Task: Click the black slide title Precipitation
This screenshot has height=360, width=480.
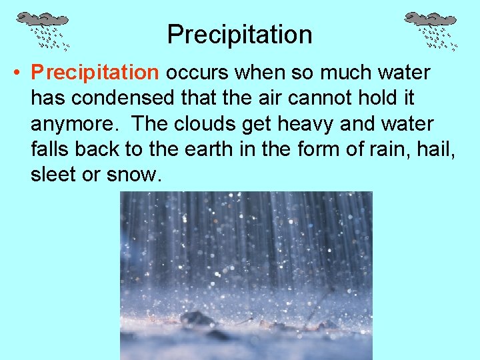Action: (239, 35)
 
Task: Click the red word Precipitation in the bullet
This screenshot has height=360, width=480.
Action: (95, 72)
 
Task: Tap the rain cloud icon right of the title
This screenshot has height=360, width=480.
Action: (431, 30)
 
